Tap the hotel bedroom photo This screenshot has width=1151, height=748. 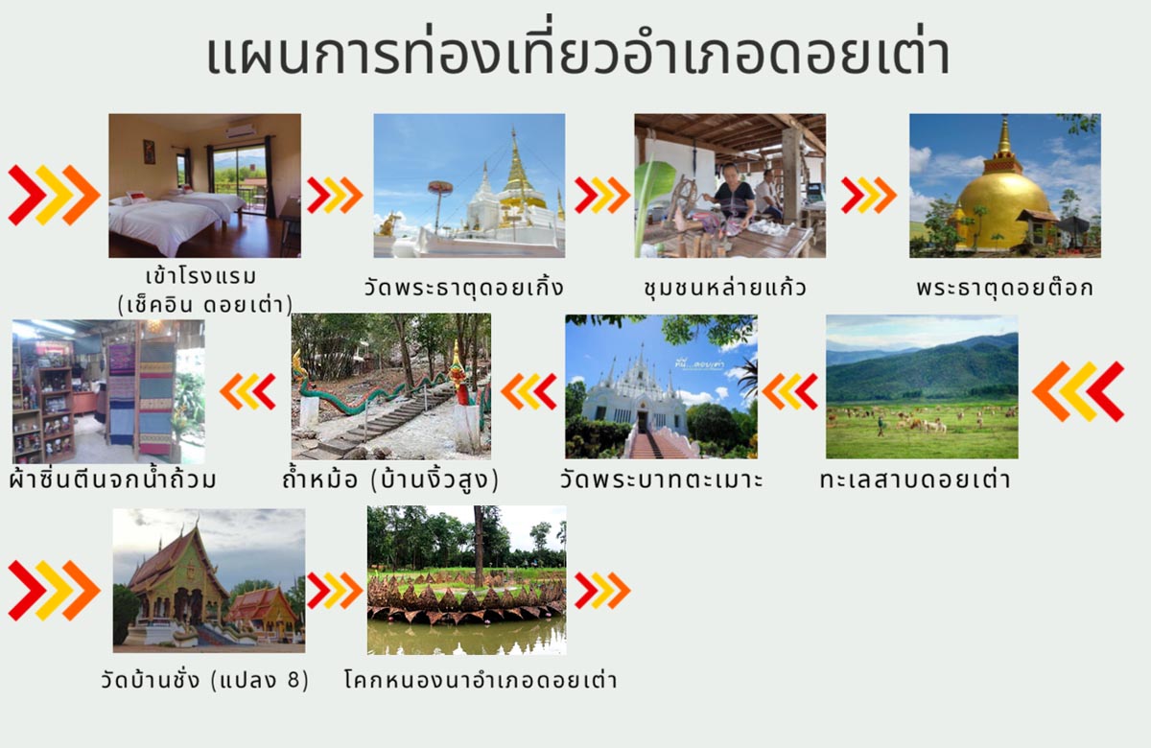[x=204, y=185]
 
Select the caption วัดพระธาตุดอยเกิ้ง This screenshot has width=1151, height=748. [x=463, y=287]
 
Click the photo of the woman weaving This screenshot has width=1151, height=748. [x=729, y=185]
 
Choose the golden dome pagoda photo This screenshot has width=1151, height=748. [x=1004, y=185]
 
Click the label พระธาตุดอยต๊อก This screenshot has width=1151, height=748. [x=1004, y=287]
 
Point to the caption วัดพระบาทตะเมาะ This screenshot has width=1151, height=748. [x=662, y=479]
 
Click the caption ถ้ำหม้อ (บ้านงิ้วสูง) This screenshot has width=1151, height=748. [x=390, y=479]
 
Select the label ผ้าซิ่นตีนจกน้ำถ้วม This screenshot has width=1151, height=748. [x=111, y=479]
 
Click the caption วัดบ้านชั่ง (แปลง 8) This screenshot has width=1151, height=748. [x=204, y=681]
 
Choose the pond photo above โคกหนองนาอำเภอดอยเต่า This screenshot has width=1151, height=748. [x=466, y=580]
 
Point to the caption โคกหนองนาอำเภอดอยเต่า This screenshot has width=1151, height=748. [x=480, y=681]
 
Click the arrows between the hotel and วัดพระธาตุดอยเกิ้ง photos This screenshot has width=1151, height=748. [x=335, y=196]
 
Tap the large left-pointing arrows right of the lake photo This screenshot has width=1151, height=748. [x=1078, y=391]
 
